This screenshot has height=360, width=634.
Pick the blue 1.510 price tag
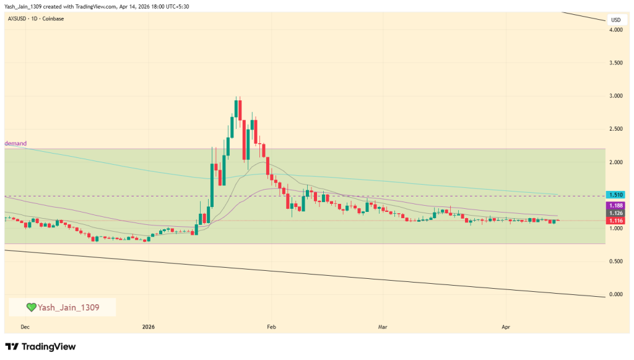tap(615, 195)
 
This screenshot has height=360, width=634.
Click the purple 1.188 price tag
tap(615, 205)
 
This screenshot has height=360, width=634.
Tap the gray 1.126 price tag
tap(615, 213)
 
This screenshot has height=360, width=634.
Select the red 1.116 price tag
tap(615, 221)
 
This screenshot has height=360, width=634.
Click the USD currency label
tap(615, 20)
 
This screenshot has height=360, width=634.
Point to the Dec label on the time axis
tap(25, 326)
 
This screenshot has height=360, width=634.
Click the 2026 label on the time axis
tap(148, 326)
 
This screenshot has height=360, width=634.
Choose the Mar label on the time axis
tap(383, 326)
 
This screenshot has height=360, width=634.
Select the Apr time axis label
tap(505, 326)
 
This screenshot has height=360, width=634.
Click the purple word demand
tap(15, 144)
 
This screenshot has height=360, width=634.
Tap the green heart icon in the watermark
tap(31, 307)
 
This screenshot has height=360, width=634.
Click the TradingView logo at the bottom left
tap(40, 347)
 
